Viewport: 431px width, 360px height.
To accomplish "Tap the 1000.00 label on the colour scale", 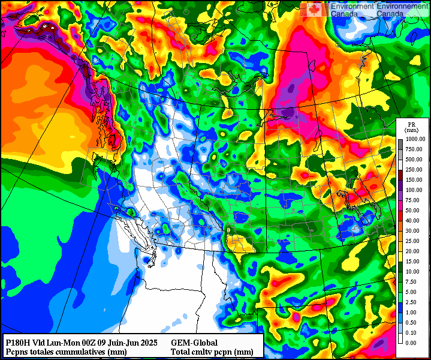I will coord(415,139).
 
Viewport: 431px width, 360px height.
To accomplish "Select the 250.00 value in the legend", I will coord(415,169).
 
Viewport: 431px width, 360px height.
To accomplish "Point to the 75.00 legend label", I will coord(415,200).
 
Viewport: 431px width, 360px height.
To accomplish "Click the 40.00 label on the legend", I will coord(415,220).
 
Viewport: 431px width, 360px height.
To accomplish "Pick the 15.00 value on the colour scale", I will coord(415,261).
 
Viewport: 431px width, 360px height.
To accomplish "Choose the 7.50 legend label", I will coord(415,281).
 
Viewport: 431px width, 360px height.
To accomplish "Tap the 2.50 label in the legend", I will coord(415,302).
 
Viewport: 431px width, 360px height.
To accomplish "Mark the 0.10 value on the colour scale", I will coord(415,332).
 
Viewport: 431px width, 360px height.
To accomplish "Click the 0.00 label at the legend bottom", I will coord(415,343).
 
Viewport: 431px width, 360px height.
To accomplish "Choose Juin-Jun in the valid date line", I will coord(120,342).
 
